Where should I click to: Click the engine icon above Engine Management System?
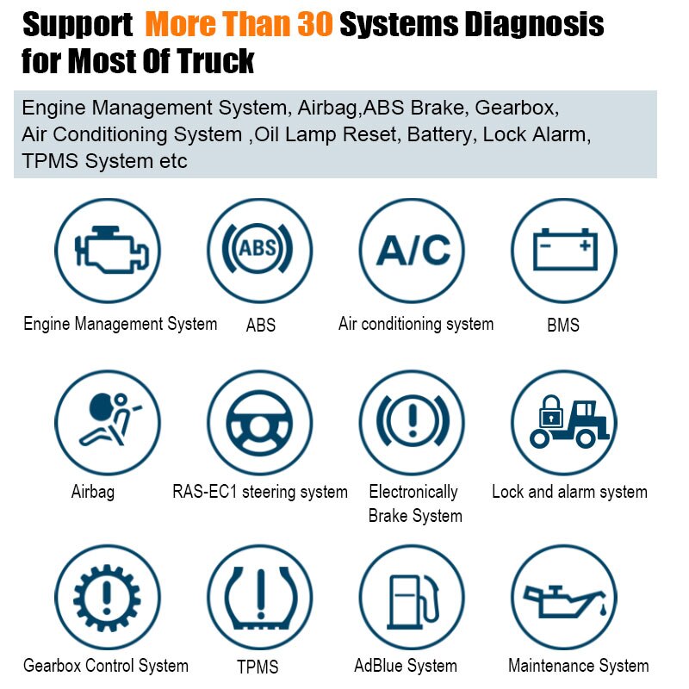click(x=108, y=251)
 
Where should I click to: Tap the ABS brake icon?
click(x=259, y=251)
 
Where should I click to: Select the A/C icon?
click(x=412, y=251)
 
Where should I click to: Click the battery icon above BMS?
click(x=564, y=251)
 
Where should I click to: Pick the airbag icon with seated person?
click(x=108, y=423)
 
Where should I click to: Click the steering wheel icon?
click(x=259, y=423)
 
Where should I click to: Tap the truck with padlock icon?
click(x=564, y=423)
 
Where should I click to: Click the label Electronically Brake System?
click(x=414, y=504)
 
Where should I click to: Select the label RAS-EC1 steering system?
click(x=260, y=492)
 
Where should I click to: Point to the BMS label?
click(x=563, y=326)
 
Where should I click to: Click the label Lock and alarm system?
click(x=569, y=492)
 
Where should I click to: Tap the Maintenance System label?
click(x=578, y=666)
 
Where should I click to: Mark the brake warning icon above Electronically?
click(x=412, y=423)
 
